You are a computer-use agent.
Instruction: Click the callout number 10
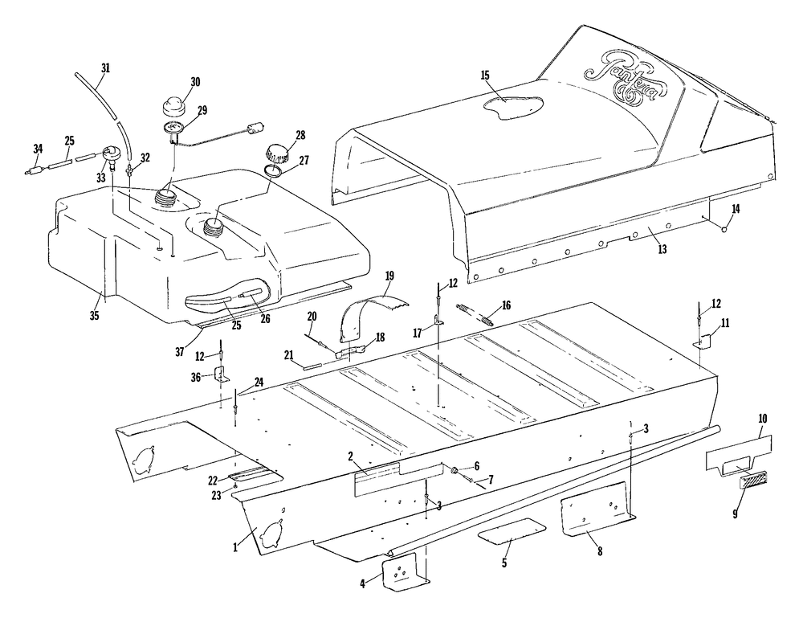tap(761, 419)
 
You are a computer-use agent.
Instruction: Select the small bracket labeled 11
tap(704, 340)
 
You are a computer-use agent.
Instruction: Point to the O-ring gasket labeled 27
tap(273, 170)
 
